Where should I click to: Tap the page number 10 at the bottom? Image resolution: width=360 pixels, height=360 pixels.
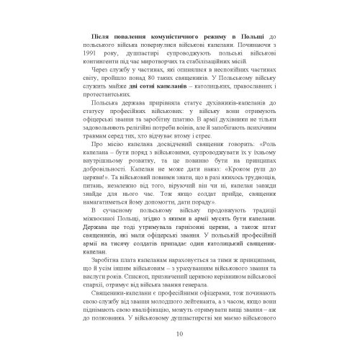pos(179,333)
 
